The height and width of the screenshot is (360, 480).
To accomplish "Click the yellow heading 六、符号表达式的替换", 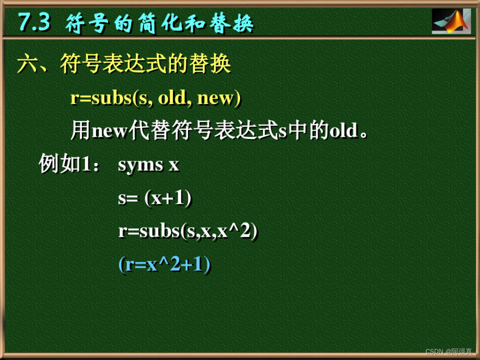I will [124, 64].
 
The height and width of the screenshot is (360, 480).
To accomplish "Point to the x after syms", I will [174, 165].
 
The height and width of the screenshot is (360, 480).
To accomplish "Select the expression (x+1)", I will [168, 199].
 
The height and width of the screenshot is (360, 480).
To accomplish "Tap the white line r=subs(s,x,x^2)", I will [187, 232].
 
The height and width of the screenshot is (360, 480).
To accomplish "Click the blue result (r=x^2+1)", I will [164, 265].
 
